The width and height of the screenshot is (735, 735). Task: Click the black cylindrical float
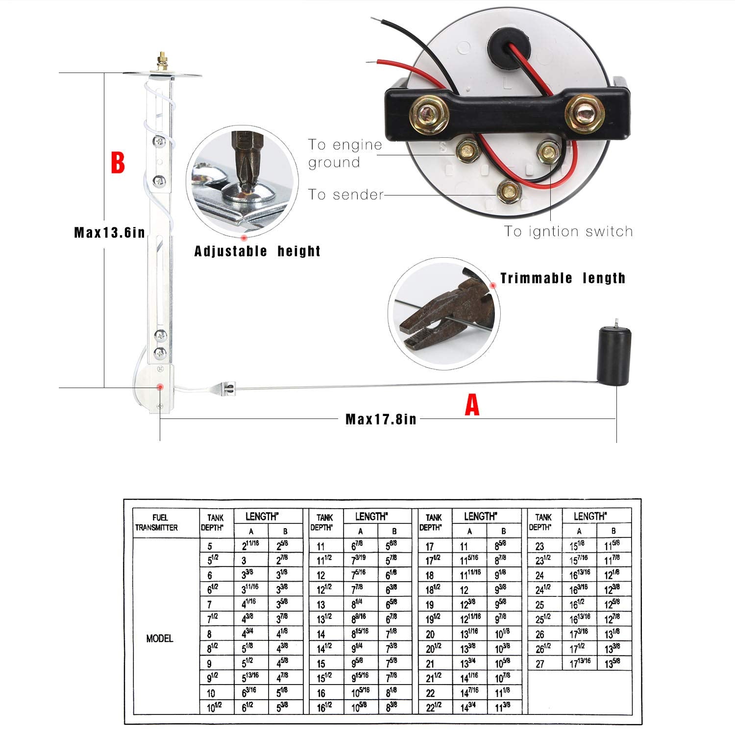[613, 356]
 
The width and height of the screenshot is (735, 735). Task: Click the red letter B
[118, 163]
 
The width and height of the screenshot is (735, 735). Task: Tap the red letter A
[472, 406]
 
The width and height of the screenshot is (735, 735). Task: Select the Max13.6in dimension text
[109, 232]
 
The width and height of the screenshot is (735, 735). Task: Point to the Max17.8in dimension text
[381, 419]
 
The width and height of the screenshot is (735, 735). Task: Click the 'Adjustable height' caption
[257, 251]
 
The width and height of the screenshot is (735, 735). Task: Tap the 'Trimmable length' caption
[563, 278]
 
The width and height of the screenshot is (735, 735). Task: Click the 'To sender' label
[346, 195]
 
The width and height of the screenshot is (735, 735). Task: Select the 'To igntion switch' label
[568, 231]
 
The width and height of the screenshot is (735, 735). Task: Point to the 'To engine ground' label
[345, 153]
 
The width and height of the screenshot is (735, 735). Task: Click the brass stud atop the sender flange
[161, 62]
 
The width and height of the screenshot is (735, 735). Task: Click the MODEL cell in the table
[160, 638]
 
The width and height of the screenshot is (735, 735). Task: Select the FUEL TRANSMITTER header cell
[156, 523]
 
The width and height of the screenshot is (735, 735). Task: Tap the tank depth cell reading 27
[539, 664]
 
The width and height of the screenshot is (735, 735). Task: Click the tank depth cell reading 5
[210, 546]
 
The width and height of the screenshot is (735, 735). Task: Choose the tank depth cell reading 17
[429, 546]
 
